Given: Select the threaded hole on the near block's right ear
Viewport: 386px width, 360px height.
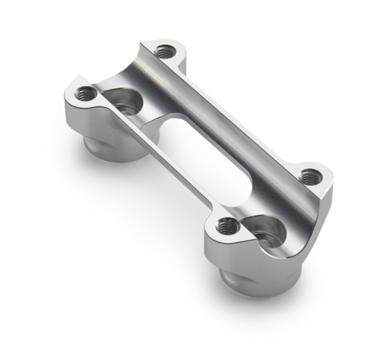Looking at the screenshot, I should pos(309,175).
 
